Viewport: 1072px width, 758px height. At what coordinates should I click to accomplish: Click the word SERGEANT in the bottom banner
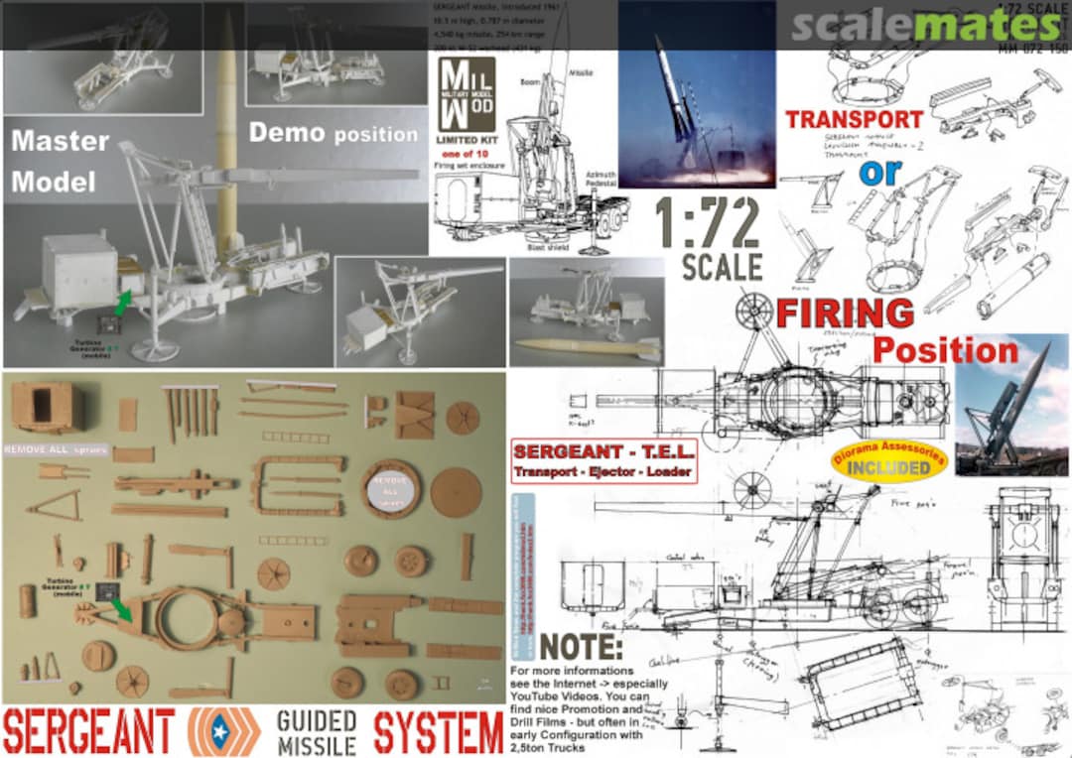(88, 733)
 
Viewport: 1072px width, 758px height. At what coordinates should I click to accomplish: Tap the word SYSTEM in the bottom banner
(438, 733)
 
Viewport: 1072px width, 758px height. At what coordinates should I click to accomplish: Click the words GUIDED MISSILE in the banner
(318, 733)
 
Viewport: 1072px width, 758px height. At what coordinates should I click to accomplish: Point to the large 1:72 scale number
(709, 223)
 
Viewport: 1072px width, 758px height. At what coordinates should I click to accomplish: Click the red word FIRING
(845, 313)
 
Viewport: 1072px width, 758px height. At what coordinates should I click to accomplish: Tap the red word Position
(945, 350)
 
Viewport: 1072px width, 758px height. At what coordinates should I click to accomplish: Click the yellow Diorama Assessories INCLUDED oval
(888, 460)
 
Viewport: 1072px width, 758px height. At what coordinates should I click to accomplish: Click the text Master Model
(60, 162)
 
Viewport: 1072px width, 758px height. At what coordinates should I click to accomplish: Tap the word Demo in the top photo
(288, 133)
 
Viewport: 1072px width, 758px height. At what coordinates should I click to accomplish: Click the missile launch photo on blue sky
(697, 94)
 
